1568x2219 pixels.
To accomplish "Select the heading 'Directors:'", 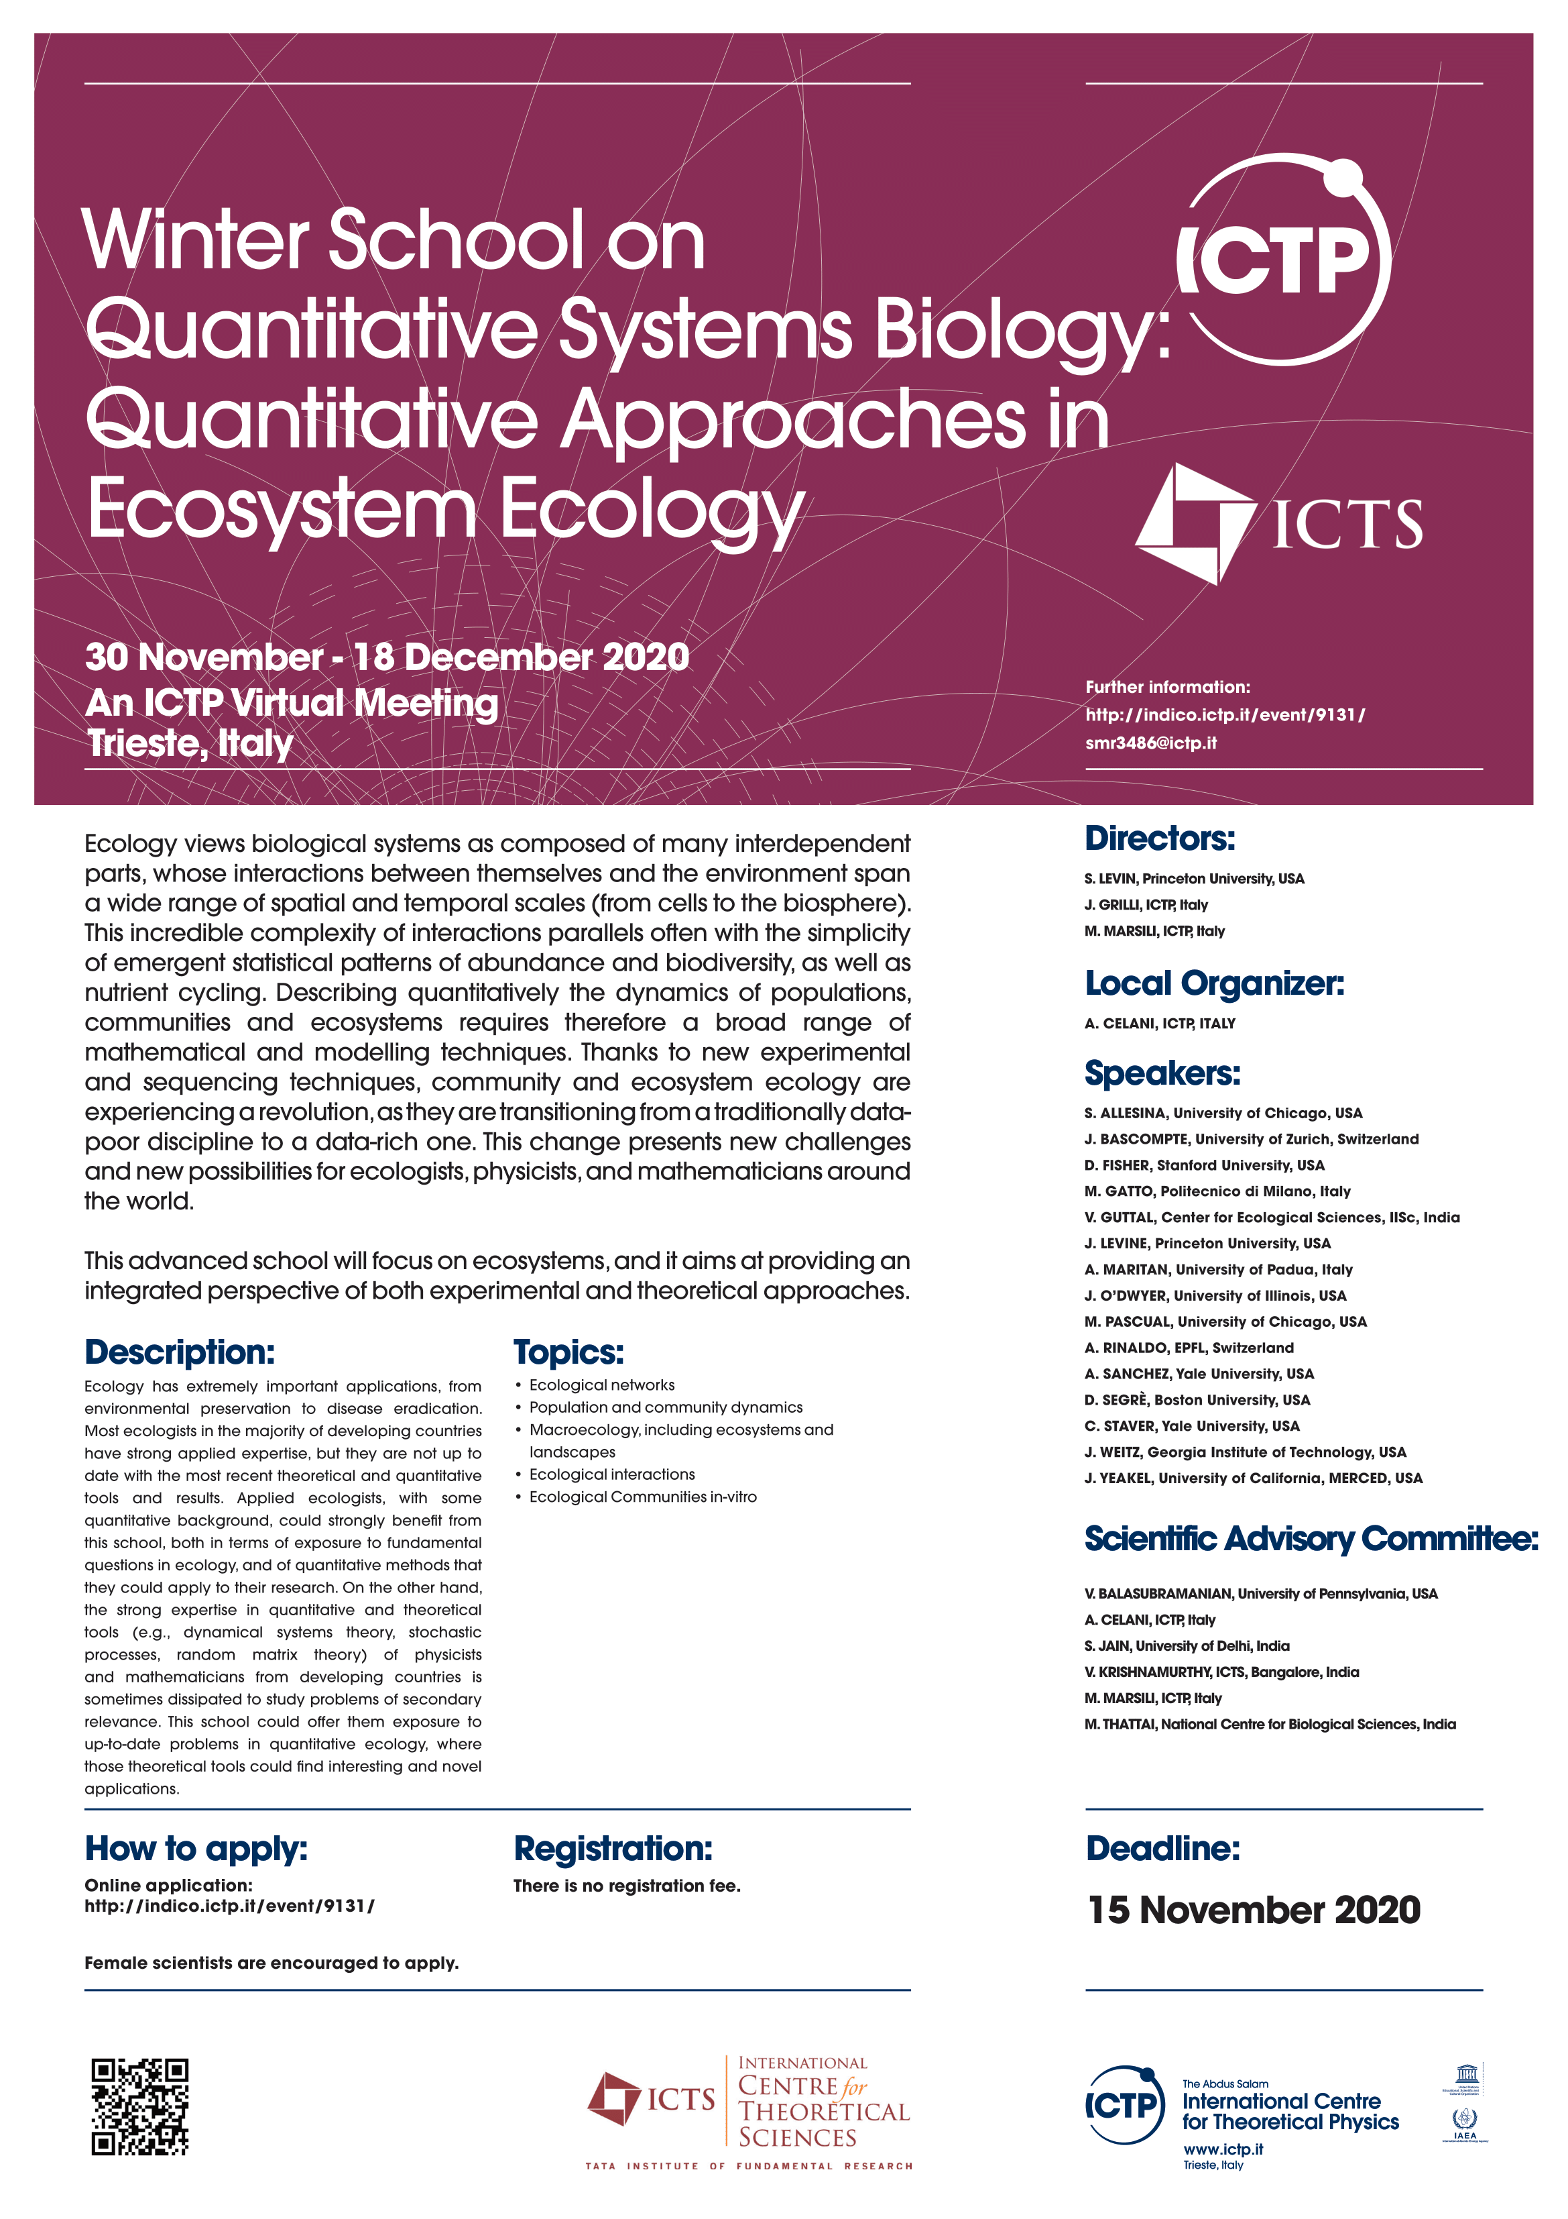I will [1159, 838].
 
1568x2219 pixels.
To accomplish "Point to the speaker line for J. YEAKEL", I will [1252, 1478].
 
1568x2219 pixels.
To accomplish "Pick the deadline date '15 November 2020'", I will [1253, 1910].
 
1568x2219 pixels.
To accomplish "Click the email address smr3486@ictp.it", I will [1150, 743].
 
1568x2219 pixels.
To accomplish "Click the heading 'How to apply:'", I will [196, 1848].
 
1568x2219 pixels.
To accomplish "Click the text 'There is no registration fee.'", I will [626, 1886].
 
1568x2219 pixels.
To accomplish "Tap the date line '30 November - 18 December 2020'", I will [386, 657].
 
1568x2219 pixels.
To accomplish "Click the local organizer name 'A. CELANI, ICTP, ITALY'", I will [1159, 1024].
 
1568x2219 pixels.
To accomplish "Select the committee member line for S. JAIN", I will [1187, 1646].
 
